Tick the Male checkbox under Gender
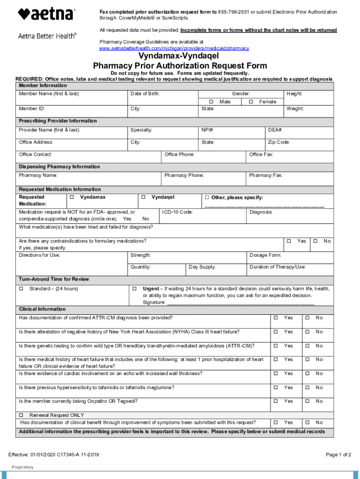click(x=211, y=102)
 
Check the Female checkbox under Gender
click(x=251, y=102)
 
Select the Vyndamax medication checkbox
click(x=72, y=197)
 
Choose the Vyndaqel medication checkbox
click(x=144, y=197)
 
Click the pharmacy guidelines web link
click(x=174, y=48)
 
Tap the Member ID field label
click(x=32, y=109)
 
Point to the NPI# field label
click(x=207, y=130)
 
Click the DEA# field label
click(x=274, y=130)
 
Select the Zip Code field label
click(x=279, y=142)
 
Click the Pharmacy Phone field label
click(x=184, y=175)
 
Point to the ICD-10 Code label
click(x=178, y=212)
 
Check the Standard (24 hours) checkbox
click(x=21, y=289)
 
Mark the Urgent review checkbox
click(x=134, y=289)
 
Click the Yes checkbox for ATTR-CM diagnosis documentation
click(x=275, y=318)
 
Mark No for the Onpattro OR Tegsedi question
click(x=308, y=401)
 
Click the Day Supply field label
click(x=202, y=267)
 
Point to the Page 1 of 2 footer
click(x=338, y=455)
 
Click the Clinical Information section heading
click(x=42, y=309)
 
